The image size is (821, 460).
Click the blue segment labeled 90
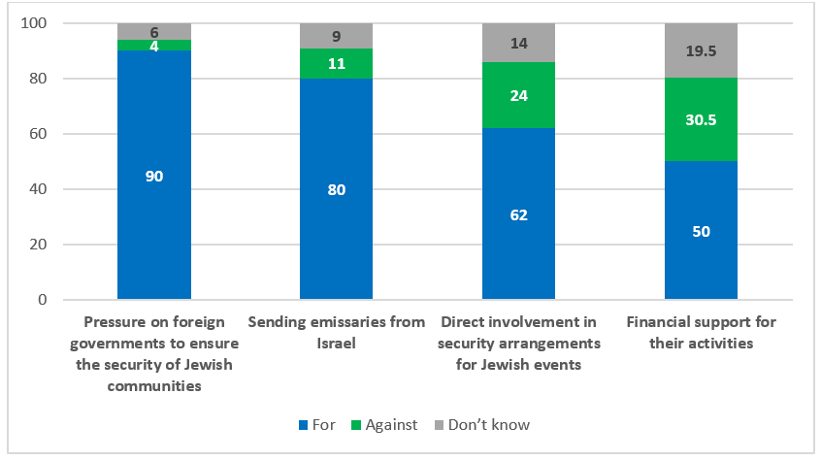pos(154,175)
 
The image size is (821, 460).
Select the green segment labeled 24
pos(518,96)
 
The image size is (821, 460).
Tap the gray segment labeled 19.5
pos(701,50)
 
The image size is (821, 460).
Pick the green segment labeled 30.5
pos(701,119)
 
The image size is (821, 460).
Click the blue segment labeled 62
pos(518,214)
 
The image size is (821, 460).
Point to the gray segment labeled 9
pos(336,36)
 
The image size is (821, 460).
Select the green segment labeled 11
pos(336,63)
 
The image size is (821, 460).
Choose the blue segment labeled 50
pos(701,231)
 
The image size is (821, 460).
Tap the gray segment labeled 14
pos(518,43)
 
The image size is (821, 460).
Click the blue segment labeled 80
pos(336,189)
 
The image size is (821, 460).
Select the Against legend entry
pos(386,425)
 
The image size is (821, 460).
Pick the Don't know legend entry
pos(482,425)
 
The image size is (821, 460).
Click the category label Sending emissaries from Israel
pos(336,331)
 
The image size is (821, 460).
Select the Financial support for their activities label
pos(701,331)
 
